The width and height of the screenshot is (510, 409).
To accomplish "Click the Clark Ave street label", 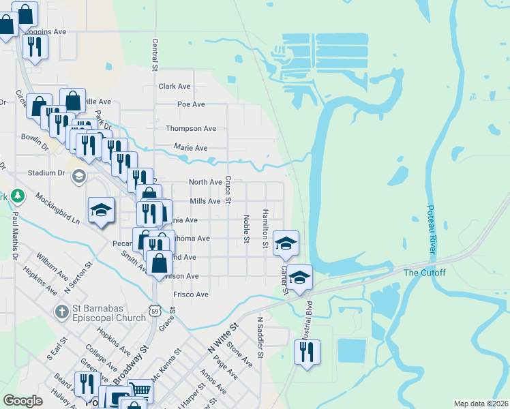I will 175,87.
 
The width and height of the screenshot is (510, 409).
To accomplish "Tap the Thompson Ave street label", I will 191,128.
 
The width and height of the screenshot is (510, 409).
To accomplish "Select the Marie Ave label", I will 191,147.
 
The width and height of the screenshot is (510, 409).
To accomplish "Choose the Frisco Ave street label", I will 191,294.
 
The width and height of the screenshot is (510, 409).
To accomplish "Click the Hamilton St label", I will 265,224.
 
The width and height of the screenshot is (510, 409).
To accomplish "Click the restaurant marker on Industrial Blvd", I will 306,352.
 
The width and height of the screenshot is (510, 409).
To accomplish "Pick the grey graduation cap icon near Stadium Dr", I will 78,176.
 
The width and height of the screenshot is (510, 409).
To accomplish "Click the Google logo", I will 22,401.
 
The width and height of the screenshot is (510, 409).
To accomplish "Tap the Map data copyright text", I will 480,404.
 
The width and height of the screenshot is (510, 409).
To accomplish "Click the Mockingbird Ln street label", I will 57,212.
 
